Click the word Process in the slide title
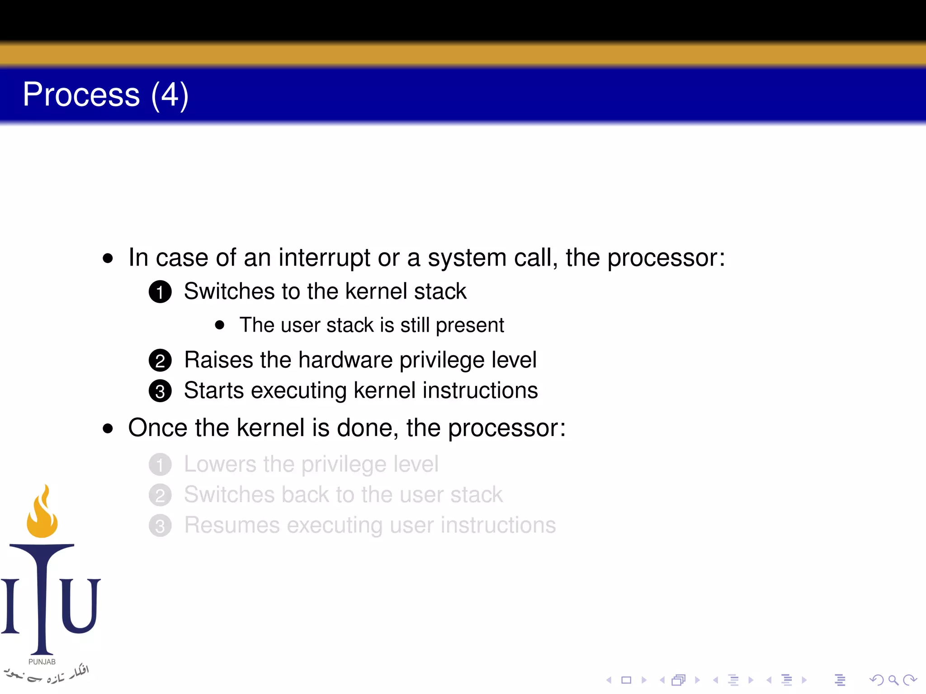pyautogui.click(x=81, y=95)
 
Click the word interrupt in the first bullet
pyautogui.click(x=324, y=258)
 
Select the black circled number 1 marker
pyautogui.click(x=160, y=292)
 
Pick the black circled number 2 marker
pyautogui.click(x=160, y=361)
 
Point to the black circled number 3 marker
pyautogui.click(x=160, y=391)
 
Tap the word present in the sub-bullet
pyautogui.click(x=470, y=325)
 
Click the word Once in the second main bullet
pyautogui.click(x=157, y=428)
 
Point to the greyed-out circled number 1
pyautogui.click(x=160, y=465)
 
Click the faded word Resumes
pyautogui.click(x=232, y=525)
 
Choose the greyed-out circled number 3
pyautogui.click(x=160, y=526)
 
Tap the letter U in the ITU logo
pyautogui.click(x=80, y=605)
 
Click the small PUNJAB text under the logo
pyautogui.click(x=42, y=662)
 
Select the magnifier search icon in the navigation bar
pyautogui.click(x=893, y=680)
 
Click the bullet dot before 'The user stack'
pyautogui.click(x=220, y=325)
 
